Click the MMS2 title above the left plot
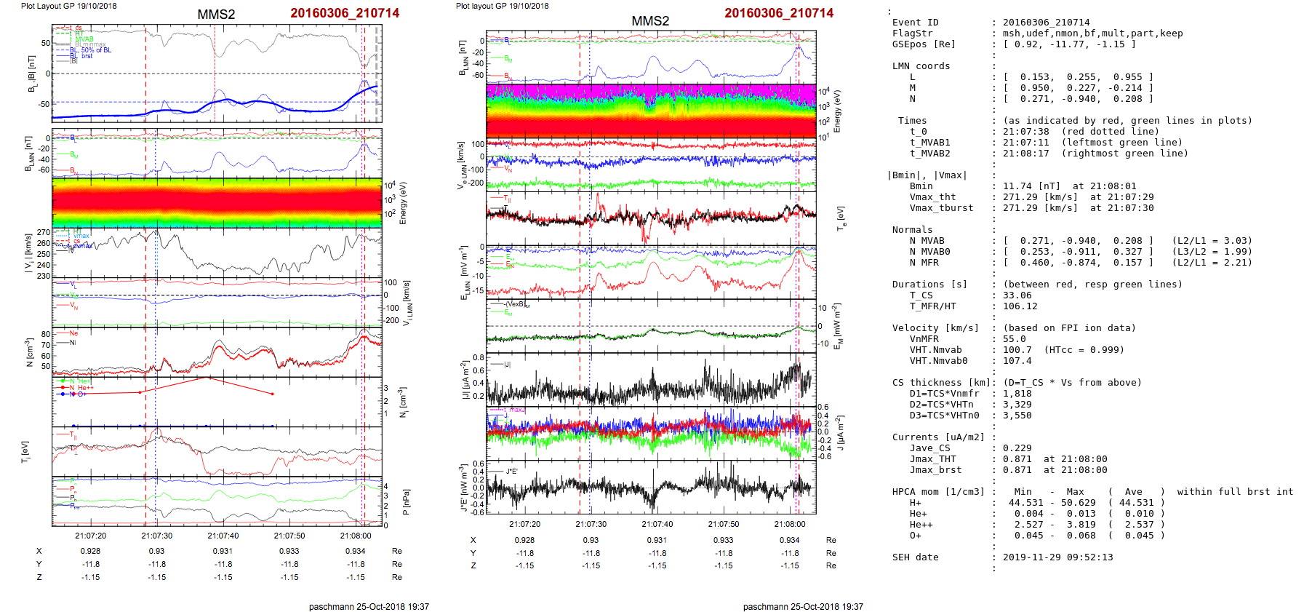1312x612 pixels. pos(216,15)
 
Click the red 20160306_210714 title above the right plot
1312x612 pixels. pos(779,13)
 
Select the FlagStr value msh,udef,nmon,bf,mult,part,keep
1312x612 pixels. pos(1092,33)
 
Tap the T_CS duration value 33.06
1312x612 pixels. pos(1017,295)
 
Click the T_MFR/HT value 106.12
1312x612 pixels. pos(1020,306)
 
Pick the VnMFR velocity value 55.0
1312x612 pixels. pos(1014,339)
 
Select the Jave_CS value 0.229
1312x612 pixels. pos(1017,448)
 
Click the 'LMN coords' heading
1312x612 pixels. pos(921,66)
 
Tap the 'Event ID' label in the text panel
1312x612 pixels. pos(915,23)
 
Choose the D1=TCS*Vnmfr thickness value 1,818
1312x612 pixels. pos(1017,394)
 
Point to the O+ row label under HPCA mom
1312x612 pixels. pos(915,536)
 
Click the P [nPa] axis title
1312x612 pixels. pos(406,501)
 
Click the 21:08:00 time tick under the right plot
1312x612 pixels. pos(789,524)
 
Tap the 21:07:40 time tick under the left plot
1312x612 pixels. pos(223,536)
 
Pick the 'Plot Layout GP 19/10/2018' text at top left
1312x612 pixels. pos(68,6)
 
